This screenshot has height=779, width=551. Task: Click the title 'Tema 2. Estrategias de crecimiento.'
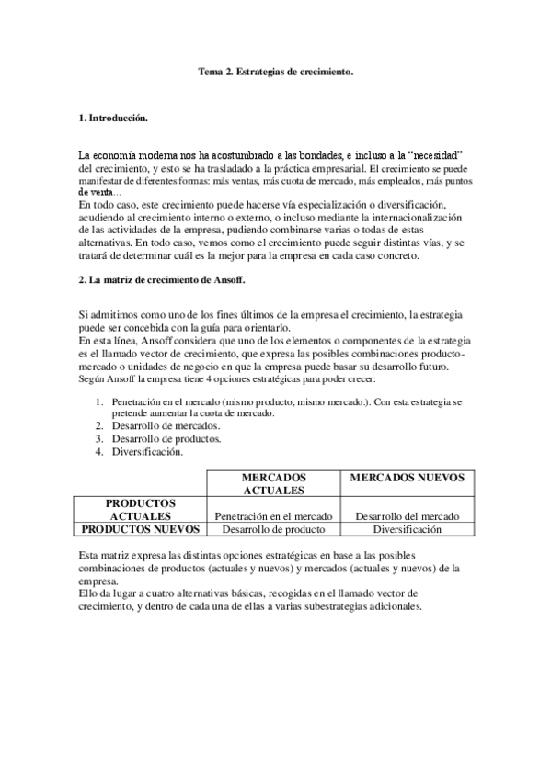pyautogui.click(x=276, y=70)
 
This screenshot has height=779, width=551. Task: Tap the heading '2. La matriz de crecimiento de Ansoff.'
pyautogui.click(x=162, y=279)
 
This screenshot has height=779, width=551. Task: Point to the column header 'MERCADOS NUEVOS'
pyautogui.click(x=407, y=479)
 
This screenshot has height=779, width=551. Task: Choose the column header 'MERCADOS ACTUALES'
pyautogui.click(x=272, y=484)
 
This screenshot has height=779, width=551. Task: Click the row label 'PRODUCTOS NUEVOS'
pyautogui.click(x=142, y=529)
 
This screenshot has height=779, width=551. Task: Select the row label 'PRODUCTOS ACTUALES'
pyautogui.click(x=142, y=510)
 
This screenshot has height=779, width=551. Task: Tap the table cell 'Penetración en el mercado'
pyautogui.click(x=272, y=516)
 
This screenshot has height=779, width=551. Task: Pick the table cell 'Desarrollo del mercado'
pyautogui.click(x=407, y=516)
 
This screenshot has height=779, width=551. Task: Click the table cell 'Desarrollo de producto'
pyautogui.click(x=272, y=529)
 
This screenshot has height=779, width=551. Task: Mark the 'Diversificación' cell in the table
pyautogui.click(x=407, y=529)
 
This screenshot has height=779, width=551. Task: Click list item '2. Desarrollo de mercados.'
pyautogui.click(x=166, y=426)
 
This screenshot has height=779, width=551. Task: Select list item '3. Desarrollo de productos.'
pyautogui.click(x=166, y=438)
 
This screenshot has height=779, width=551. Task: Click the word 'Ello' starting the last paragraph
pyautogui.click(x=88, y=595)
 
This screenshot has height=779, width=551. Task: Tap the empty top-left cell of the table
pyautogui.click(x=142, y=483)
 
